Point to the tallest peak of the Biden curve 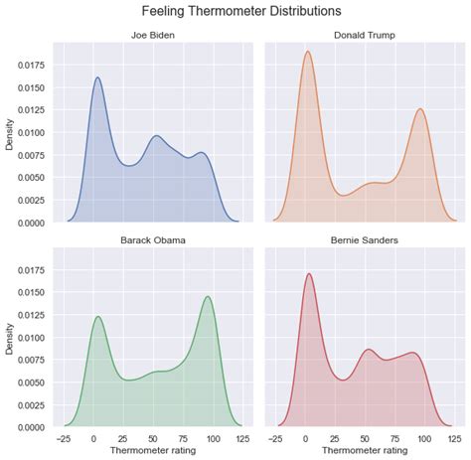97,77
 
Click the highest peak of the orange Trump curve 308,52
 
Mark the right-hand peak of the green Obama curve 207,296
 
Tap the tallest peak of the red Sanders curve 309,273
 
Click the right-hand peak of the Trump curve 420,109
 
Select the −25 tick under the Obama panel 64,437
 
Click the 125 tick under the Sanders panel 450,437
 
